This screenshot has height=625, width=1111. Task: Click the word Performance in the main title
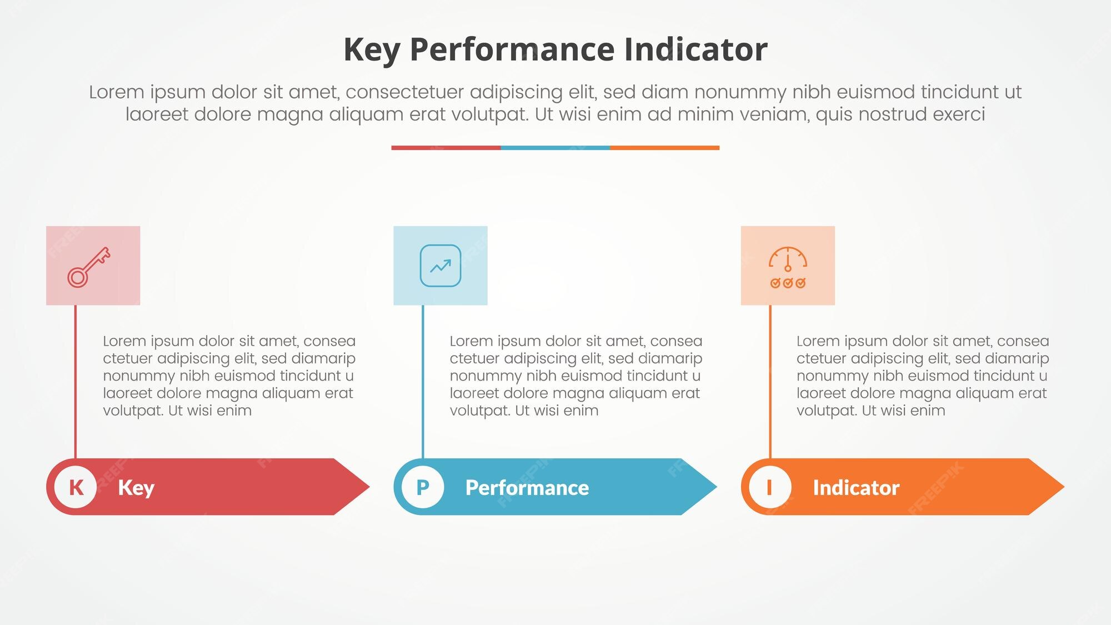point(512,49)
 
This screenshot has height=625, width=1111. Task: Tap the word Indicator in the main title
point(695,49)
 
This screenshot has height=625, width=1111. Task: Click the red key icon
point(89,267)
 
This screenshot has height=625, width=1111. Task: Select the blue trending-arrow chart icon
point(441,266)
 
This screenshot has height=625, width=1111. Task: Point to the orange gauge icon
point(788,267)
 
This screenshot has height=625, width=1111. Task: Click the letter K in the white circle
point(76,487)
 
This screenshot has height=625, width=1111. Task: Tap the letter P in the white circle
point(423,487)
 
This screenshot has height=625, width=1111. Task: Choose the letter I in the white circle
point(769,487)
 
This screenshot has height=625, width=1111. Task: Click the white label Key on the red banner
point(136,488)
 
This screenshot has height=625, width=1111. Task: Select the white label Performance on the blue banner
point(527,488)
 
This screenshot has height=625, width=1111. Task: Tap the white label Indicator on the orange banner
point(856,488)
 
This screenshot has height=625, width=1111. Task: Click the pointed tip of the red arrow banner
point(369,487)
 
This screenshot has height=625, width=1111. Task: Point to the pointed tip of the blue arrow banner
point(717,487)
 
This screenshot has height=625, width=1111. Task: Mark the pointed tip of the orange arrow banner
point(1064,487)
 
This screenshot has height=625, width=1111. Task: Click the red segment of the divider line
point(446,148)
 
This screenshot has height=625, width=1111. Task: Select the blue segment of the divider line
point(555,148)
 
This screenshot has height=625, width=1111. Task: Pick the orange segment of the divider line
point(665,148)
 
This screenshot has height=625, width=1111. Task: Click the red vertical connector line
point(76,382)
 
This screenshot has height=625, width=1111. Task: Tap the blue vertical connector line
point(423,382)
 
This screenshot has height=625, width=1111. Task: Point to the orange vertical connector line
point(770,382)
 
